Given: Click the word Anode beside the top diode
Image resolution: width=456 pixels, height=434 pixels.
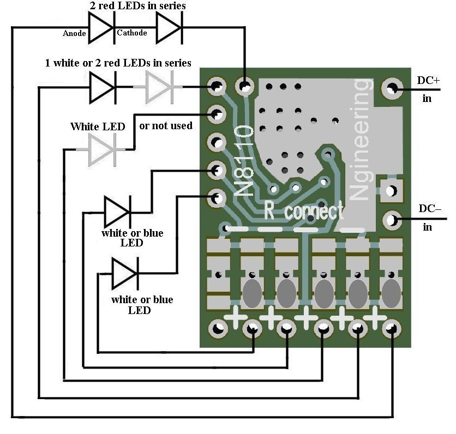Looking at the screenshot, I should coord(74,33).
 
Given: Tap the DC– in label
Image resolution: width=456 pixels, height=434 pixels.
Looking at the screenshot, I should coord(430,217).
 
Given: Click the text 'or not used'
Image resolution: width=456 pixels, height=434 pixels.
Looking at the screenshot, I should coord(166,126).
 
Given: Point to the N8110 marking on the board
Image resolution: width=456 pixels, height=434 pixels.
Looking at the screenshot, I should coord(244,160).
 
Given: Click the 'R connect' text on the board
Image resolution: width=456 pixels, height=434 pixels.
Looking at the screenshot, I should coord(303,210).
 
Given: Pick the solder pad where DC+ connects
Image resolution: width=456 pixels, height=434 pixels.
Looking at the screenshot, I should coord(391,87).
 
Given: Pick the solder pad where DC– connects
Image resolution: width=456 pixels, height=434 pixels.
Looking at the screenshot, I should coord(391,220).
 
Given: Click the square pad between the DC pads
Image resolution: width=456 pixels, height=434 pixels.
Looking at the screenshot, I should coord(391,190).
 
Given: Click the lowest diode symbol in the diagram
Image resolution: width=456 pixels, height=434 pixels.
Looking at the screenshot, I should coord(124,273).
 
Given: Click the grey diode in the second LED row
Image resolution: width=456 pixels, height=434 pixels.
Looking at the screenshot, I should coord(158,87).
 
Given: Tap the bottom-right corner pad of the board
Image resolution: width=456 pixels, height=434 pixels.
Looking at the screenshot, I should coord(391,328).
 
